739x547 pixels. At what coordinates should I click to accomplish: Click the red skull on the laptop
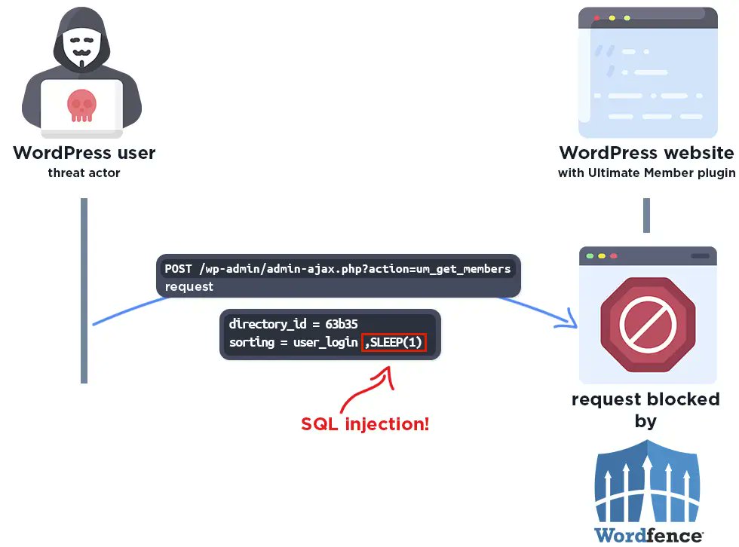tap(82, 105)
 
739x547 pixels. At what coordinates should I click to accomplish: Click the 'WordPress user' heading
tap(84, 153)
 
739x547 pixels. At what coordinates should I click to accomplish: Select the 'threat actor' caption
tap(84, 173)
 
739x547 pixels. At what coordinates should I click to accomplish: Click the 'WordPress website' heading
tap(646, 153)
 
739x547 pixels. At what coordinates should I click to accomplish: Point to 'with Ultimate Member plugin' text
tap(646, 173)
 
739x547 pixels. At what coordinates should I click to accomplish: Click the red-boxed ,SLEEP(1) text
tap(394, 343)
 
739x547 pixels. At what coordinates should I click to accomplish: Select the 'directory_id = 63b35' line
tap(282, 325)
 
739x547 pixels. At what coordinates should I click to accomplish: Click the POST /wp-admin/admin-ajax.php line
tap(337, 269)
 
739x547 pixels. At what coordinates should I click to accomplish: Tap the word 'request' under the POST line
tap(189, 286)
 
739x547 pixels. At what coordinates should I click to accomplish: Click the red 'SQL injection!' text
tap(365, 423)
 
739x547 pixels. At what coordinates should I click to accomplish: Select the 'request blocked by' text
tap(645, 409)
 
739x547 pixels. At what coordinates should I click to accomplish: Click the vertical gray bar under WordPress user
tap(84, 290)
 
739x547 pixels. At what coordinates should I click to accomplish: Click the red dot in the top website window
tap(596, 17)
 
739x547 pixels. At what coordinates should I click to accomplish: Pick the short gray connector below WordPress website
tap(646, 215)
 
